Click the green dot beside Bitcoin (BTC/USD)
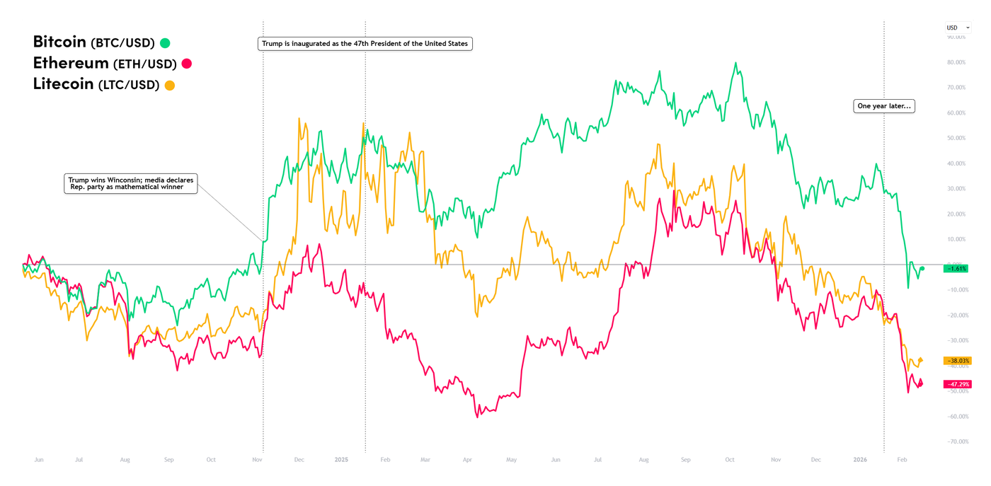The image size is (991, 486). pos(165,43)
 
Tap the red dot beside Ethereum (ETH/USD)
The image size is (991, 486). pos(187,64)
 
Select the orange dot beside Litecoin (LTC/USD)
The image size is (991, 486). pos(170,86)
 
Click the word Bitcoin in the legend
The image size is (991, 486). pos(59,42)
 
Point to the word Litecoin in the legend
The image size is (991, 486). pos(63,84)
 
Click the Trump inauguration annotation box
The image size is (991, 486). pos(365,44)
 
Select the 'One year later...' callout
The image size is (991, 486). pos(884,106)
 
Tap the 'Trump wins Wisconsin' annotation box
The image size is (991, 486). pos(130,183)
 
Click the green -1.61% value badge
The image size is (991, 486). pos(956,269)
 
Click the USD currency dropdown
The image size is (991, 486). pos(958,28)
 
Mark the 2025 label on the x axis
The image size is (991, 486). pos(342,460)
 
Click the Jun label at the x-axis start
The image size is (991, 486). pos(39,460)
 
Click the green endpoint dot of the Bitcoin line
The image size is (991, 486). pos(922,269)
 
